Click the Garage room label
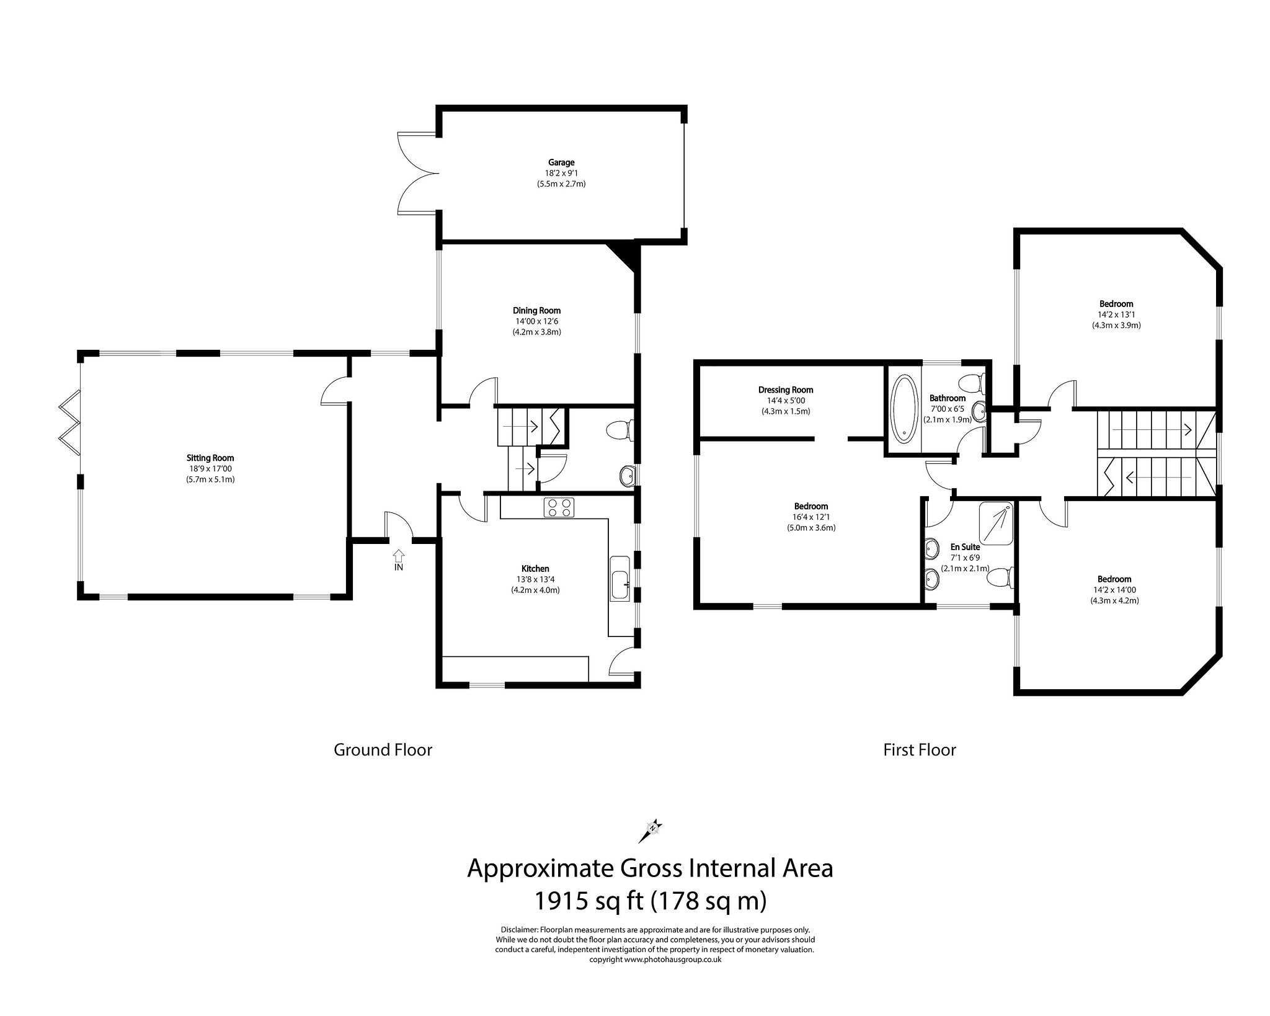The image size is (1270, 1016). coord(561,163)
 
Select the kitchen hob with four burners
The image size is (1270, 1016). coord(559,507)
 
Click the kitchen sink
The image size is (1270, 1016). coord(620,577)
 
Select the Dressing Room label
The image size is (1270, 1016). coord(785,390)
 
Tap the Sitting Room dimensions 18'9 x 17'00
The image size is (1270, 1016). coord(210,469)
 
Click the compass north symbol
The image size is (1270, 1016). coord(651,828)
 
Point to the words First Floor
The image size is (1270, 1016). coord(919,750)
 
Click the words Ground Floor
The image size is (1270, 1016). coord(383,750)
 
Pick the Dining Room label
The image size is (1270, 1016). coord(536,310)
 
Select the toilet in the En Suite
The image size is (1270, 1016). coord(1000,578)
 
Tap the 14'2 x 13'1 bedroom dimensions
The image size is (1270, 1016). coord(1116,314)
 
